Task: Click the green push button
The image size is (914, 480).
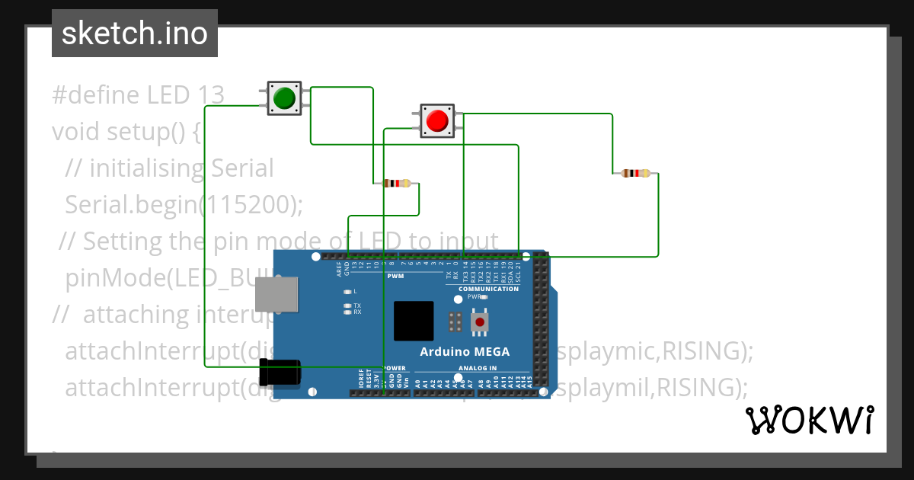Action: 284,98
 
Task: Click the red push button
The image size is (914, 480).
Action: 437,120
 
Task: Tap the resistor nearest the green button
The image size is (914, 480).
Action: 395,183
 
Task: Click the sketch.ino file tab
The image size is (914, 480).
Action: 135,34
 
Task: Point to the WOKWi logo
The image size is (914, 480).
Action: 809,420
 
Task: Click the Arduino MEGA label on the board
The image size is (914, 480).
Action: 465,351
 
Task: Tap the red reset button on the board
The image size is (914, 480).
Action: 479,323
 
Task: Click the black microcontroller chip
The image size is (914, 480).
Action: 414,321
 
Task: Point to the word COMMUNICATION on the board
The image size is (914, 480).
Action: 488,289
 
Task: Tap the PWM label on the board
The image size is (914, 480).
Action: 396,277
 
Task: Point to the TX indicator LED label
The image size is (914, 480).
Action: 356,306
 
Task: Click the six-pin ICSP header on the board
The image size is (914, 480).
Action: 455,322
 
